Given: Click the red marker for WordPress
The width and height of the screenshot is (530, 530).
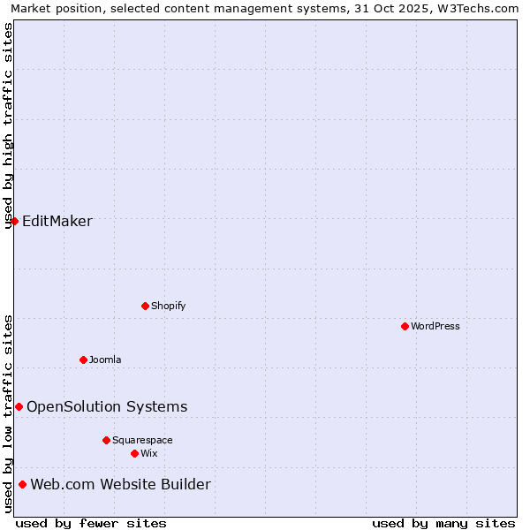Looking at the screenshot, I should pyautogui.click(x=405, y=326).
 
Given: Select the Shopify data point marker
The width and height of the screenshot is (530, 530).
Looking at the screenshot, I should pyautogui.click(x=145, y=306).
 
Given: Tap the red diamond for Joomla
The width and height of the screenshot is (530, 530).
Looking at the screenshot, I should pyautogui.click(x=83, y=360).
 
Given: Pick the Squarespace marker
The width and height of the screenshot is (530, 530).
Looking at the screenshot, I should pyautogui.click(x=106, y=440).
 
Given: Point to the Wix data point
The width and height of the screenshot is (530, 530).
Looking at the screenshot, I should pyautogui.click(x=134, y=453).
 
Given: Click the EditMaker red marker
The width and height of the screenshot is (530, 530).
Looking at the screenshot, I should pyautogui.click(x=14, y=221).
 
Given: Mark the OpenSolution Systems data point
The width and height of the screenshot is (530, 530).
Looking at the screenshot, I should pyautogui.click(x=19, y=406).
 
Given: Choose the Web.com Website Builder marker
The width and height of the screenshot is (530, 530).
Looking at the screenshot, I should pyautogui.click(x=22, y=484).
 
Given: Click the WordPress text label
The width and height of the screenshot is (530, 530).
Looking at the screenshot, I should pyautogui.click(x=435, y=326).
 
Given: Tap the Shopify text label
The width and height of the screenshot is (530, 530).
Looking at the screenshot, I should pyautogui.click(x=168, y=306).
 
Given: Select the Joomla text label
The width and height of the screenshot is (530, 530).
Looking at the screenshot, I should pyautogui.click(x=105, y=360).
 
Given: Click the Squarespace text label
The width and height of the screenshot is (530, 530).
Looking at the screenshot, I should pyautogui.click(x=142, y=440).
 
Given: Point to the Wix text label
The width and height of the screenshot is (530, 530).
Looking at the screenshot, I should pyautogui.click(x=149, y=453).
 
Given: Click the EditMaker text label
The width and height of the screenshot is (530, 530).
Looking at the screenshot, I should pyautogui.click(x=57, y=221).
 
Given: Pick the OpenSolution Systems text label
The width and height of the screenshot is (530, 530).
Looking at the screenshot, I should pyautogui.click(x=107, y=406).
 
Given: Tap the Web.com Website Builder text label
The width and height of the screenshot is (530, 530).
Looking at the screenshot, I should pyautogui.click(x=121, y=484).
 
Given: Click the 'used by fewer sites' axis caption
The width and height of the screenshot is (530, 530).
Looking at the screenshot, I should pyautogui.click(x=91, y=523).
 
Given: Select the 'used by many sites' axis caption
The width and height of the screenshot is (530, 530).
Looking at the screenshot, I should pyautogui.click(x=443, y=523).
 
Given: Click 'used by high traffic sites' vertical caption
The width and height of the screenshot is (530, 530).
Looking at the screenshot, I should pyautogui.click(x=9, y=125).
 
